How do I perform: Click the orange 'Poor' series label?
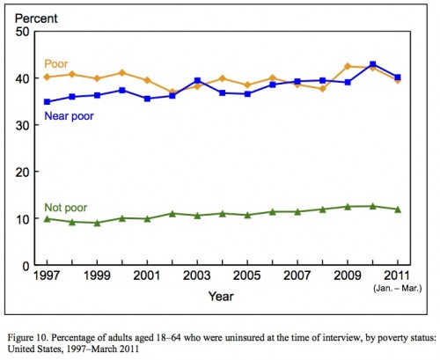pyautogui.click(x=55, y=64)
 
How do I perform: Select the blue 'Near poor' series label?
pyautogui.click(x=69, y=116)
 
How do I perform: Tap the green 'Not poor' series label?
pyautogui.click(x=66, y=208)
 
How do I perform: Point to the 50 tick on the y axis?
pyautogui.click(x=23, y=32)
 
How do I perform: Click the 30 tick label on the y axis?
pyautogui.click(x=23, y=125)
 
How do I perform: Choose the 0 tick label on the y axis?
pyautogui.click(x=26, y=266)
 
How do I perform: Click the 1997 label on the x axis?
pyautogui.click(x=47, y=276)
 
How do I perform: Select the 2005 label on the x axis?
pyautogui.click(x=247, y=276)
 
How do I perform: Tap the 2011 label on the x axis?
pyautogui.click(x=397, y=276)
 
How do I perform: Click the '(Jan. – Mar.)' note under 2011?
pyautogui.click(x=398, y=289)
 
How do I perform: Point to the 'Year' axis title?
pyautogui.click(x=221, y=297)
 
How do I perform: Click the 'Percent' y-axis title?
pyautogui.click(x=36, y=18)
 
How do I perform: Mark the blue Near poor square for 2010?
pyautogui.click(x=373, y=64)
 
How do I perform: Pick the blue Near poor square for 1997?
pyautogui.click(x=47, y=102)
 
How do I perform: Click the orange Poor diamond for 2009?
pyautogui.click(x=348, y=66)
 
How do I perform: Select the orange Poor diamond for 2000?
pyautogui.click(x=122, y=73)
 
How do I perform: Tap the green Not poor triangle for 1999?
pyautogui.click(x=97, y=223)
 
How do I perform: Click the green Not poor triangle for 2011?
pyautogui.click(x=398, y=209)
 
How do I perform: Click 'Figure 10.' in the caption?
pyautogui.click(x=27, y=338)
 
